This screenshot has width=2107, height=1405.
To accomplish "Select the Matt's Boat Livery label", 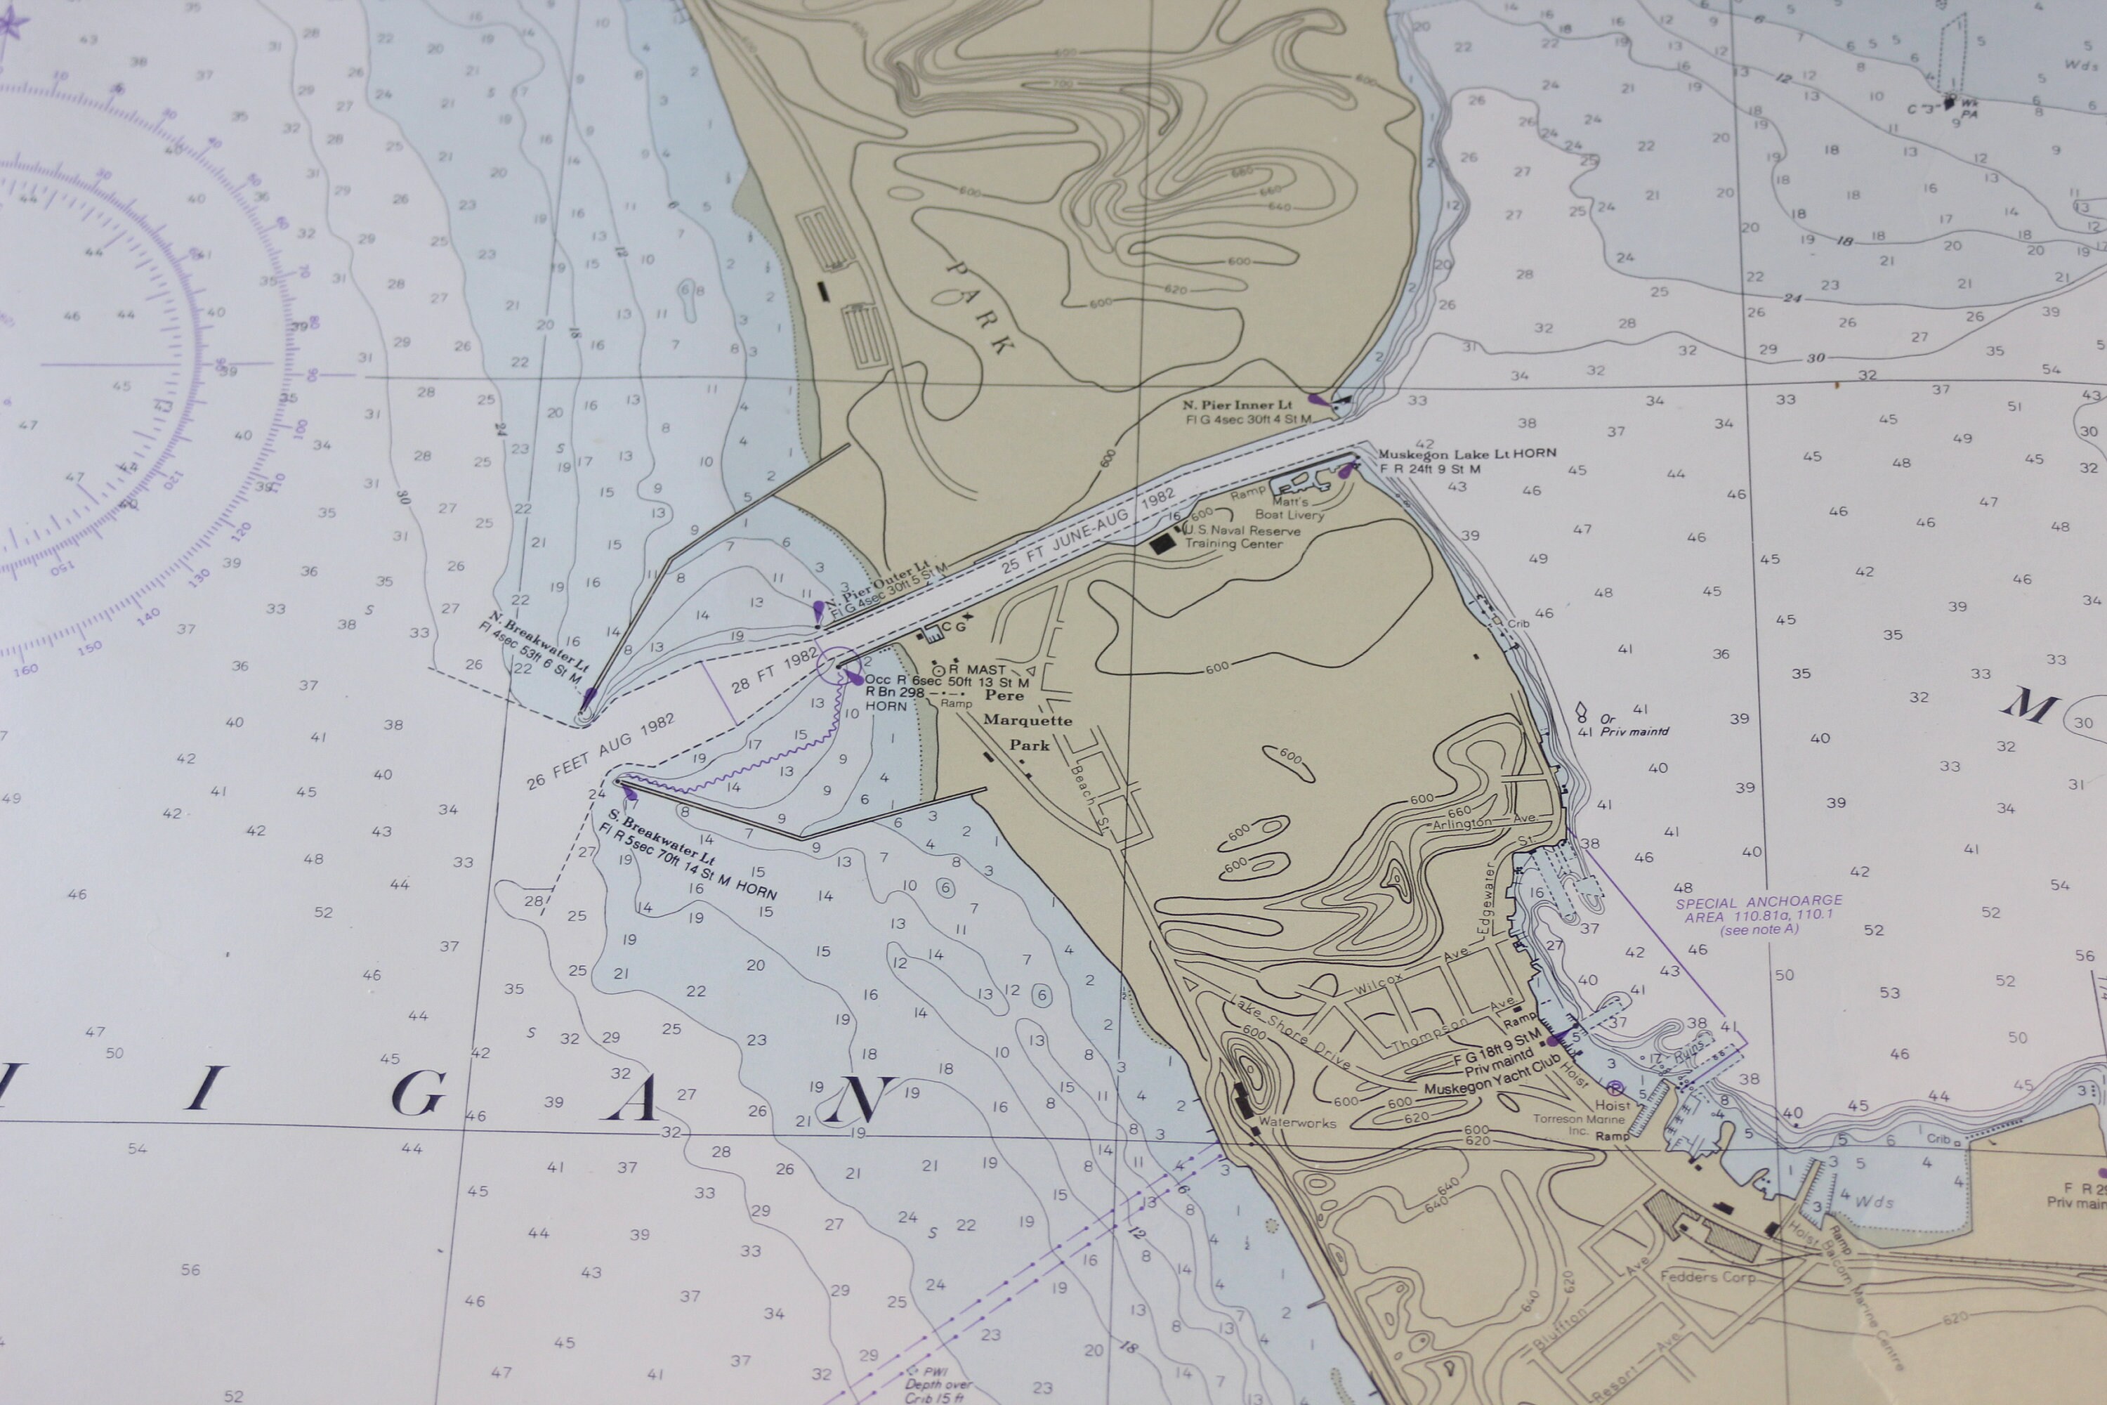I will point(1289,509).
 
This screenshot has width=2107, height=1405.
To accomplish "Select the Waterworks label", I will point(1297,1122).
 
